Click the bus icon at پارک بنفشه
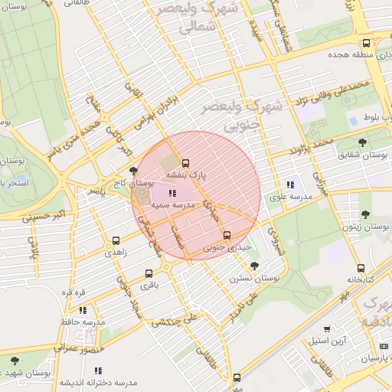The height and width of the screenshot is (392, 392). click(x=185, y=162)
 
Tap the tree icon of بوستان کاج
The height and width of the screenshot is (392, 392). click(x=134, y=171)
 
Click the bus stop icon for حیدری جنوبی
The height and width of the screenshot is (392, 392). click(x=227, y=235)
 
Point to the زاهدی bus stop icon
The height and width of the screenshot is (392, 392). click(x=116, y=240)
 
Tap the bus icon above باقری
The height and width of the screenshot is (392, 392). click(x=149, y=273)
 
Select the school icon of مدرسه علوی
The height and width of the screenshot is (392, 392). click(x=290, y=185)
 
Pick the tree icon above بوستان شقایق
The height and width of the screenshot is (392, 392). click(x=362, y=142)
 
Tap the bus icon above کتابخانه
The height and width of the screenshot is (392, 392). click(x=361, y=268)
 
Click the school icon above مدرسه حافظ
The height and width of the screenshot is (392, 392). click(x=83, y=310)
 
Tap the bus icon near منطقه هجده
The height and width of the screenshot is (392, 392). click(x=366, y=44)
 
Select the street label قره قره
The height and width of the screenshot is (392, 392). click(x=77, y=292)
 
